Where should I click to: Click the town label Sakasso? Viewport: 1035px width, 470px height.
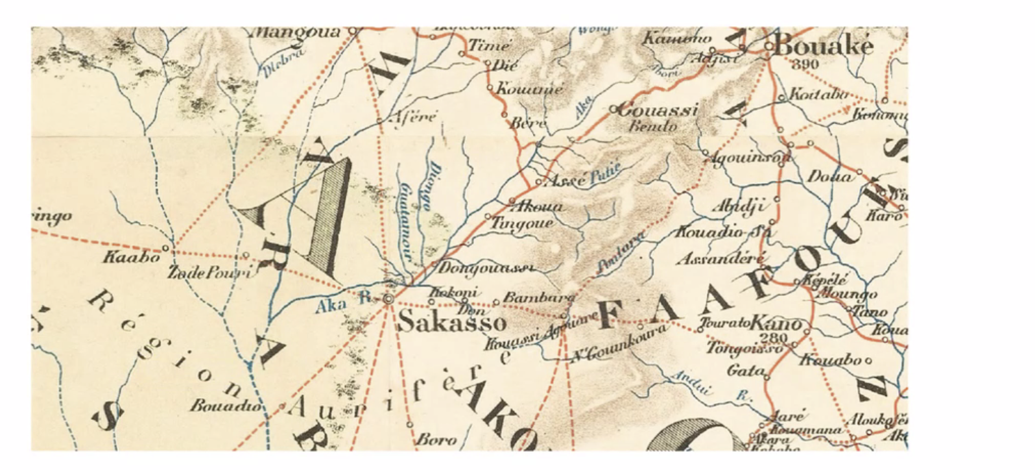(451, 322)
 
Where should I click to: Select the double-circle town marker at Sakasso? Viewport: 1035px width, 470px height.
(388, 299)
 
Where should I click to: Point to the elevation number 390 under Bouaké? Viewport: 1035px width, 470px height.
(805, 64)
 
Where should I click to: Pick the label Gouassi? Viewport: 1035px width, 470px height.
(658, 110)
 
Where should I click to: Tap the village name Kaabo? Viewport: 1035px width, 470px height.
(131, 257)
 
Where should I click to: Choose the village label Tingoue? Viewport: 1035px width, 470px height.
(523, 223)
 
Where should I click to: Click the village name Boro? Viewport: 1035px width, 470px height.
(436, 439)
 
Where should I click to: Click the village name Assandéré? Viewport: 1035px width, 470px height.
(720, 259)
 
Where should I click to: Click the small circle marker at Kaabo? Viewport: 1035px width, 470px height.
(165, 248)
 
